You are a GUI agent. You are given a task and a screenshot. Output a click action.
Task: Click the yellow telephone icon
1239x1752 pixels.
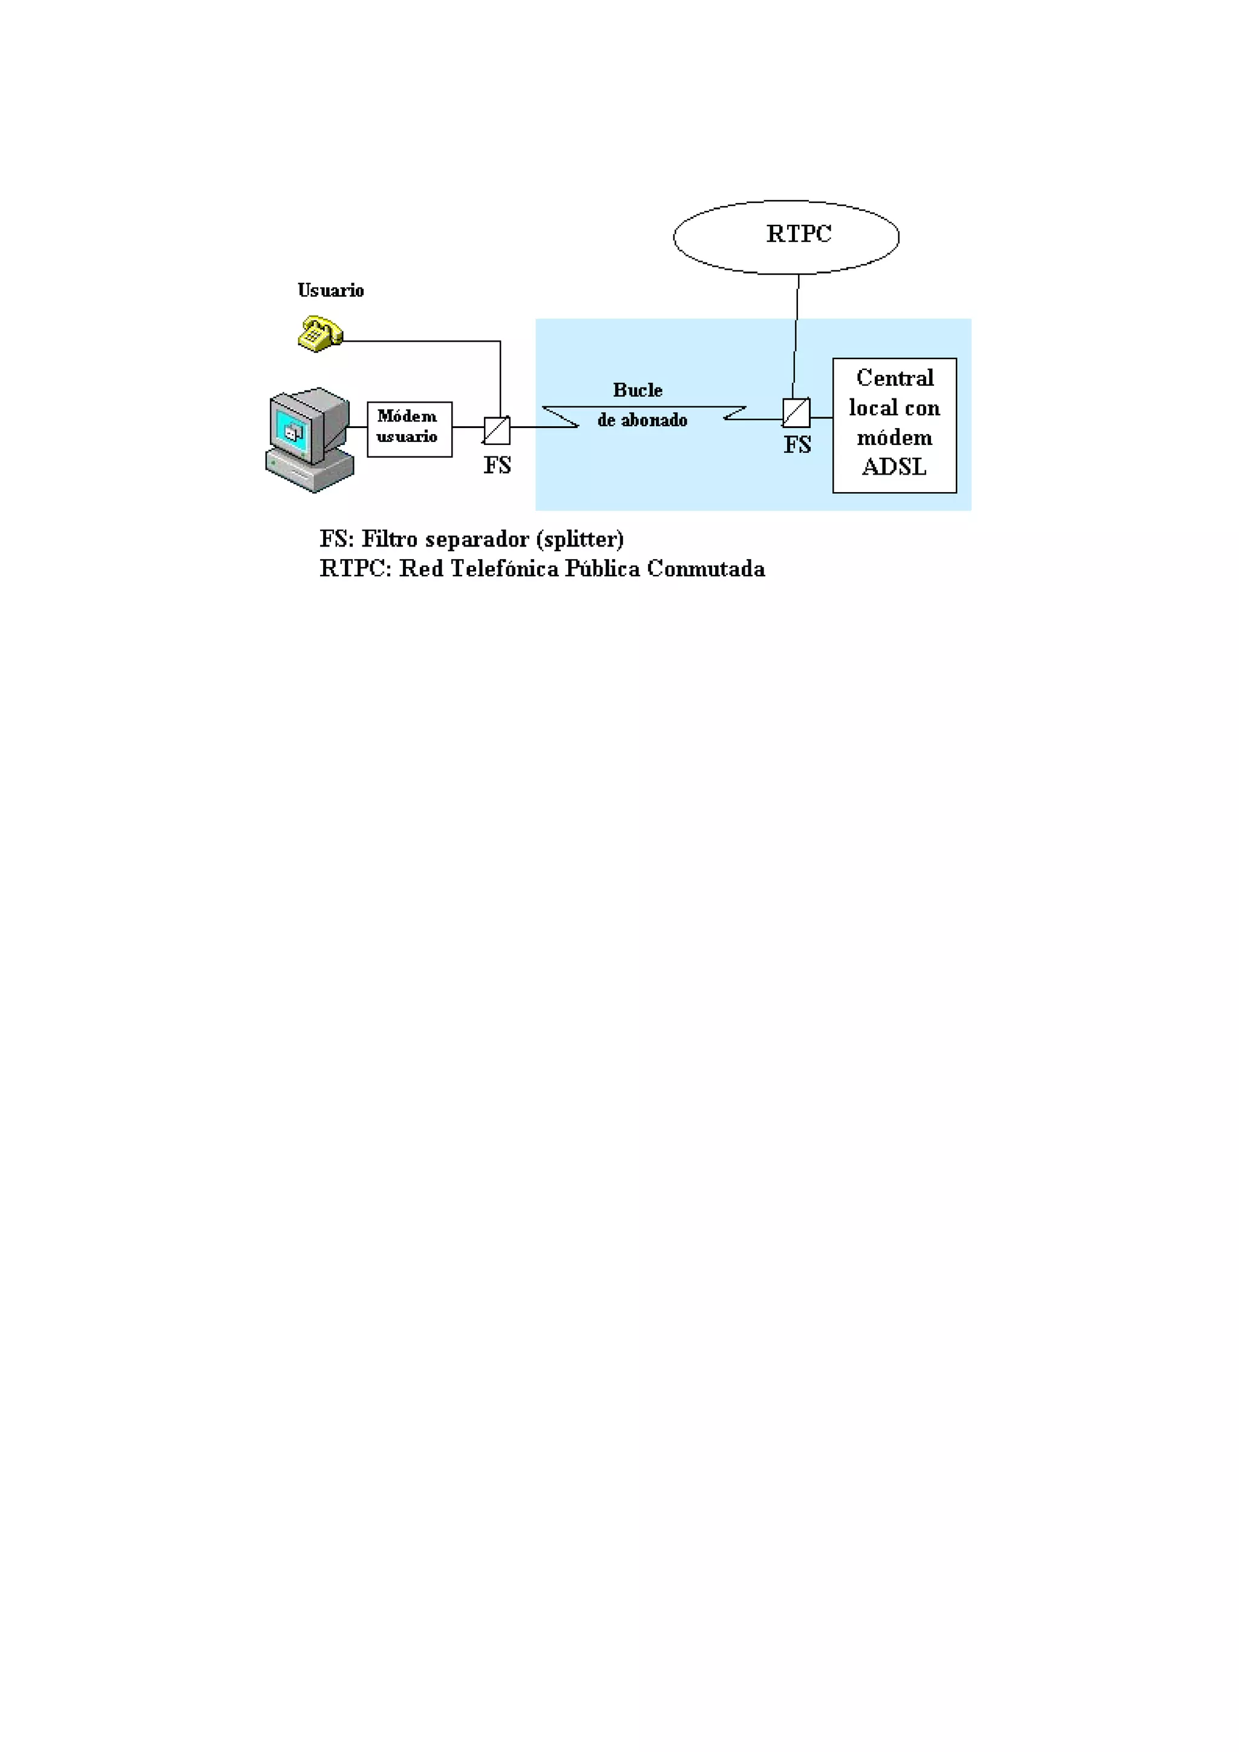[x=319, y=334]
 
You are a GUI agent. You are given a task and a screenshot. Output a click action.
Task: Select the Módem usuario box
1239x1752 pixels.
[x=409, y=429]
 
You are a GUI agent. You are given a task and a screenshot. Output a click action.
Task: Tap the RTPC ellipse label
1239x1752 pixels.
[x=799, y=234]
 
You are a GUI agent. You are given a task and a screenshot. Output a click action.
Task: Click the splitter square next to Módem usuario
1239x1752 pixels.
[x=497, y=430]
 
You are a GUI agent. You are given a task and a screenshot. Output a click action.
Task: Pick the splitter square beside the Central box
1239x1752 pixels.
[x=796, y=413]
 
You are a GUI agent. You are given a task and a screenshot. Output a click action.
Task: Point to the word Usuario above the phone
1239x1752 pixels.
[x=330, y=291]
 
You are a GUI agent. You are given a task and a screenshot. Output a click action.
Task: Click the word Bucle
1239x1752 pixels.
[x=638, y=390]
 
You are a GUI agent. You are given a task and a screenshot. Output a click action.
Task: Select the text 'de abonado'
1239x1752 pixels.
[x=642, y=420]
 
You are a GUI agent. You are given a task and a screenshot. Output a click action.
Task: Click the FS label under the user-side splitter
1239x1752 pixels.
[x=497, y=465]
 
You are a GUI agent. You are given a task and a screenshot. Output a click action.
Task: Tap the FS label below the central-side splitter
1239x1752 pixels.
[x=797, y=445]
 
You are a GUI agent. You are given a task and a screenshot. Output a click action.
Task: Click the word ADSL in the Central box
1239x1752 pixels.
[x=894, y=467]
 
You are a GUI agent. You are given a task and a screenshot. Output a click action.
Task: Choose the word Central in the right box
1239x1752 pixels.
[x=895, y=378]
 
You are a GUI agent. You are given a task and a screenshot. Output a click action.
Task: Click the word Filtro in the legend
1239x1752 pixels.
[x=390, y=539]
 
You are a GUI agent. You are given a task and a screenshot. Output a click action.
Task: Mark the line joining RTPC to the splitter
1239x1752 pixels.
[x=796, y=336]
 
